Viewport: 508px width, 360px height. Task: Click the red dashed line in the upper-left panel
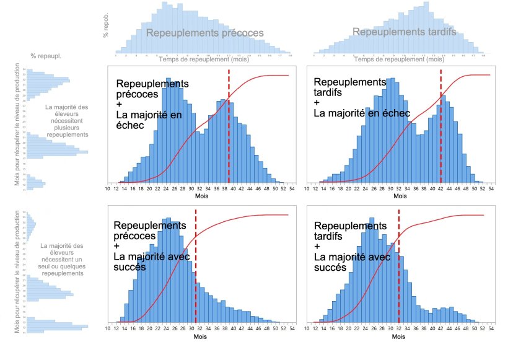[x=229, y=124]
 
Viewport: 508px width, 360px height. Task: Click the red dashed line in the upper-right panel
[x=441, y=124]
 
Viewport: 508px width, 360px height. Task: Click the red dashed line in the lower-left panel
[x=196, y=266]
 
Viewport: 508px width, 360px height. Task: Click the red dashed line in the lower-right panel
[x=398, y=266]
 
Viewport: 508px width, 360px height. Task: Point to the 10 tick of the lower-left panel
[x=108, y=330]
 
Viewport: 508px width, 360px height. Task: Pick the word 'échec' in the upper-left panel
[x=131, y=125]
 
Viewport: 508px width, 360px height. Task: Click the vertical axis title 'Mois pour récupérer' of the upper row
[x=17, y=124]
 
